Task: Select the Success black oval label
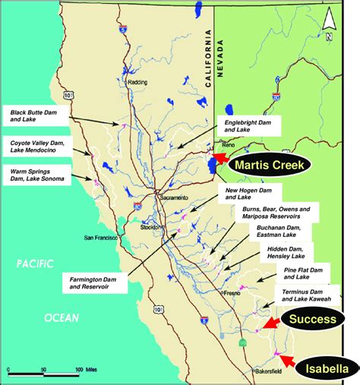click(317, 319)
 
